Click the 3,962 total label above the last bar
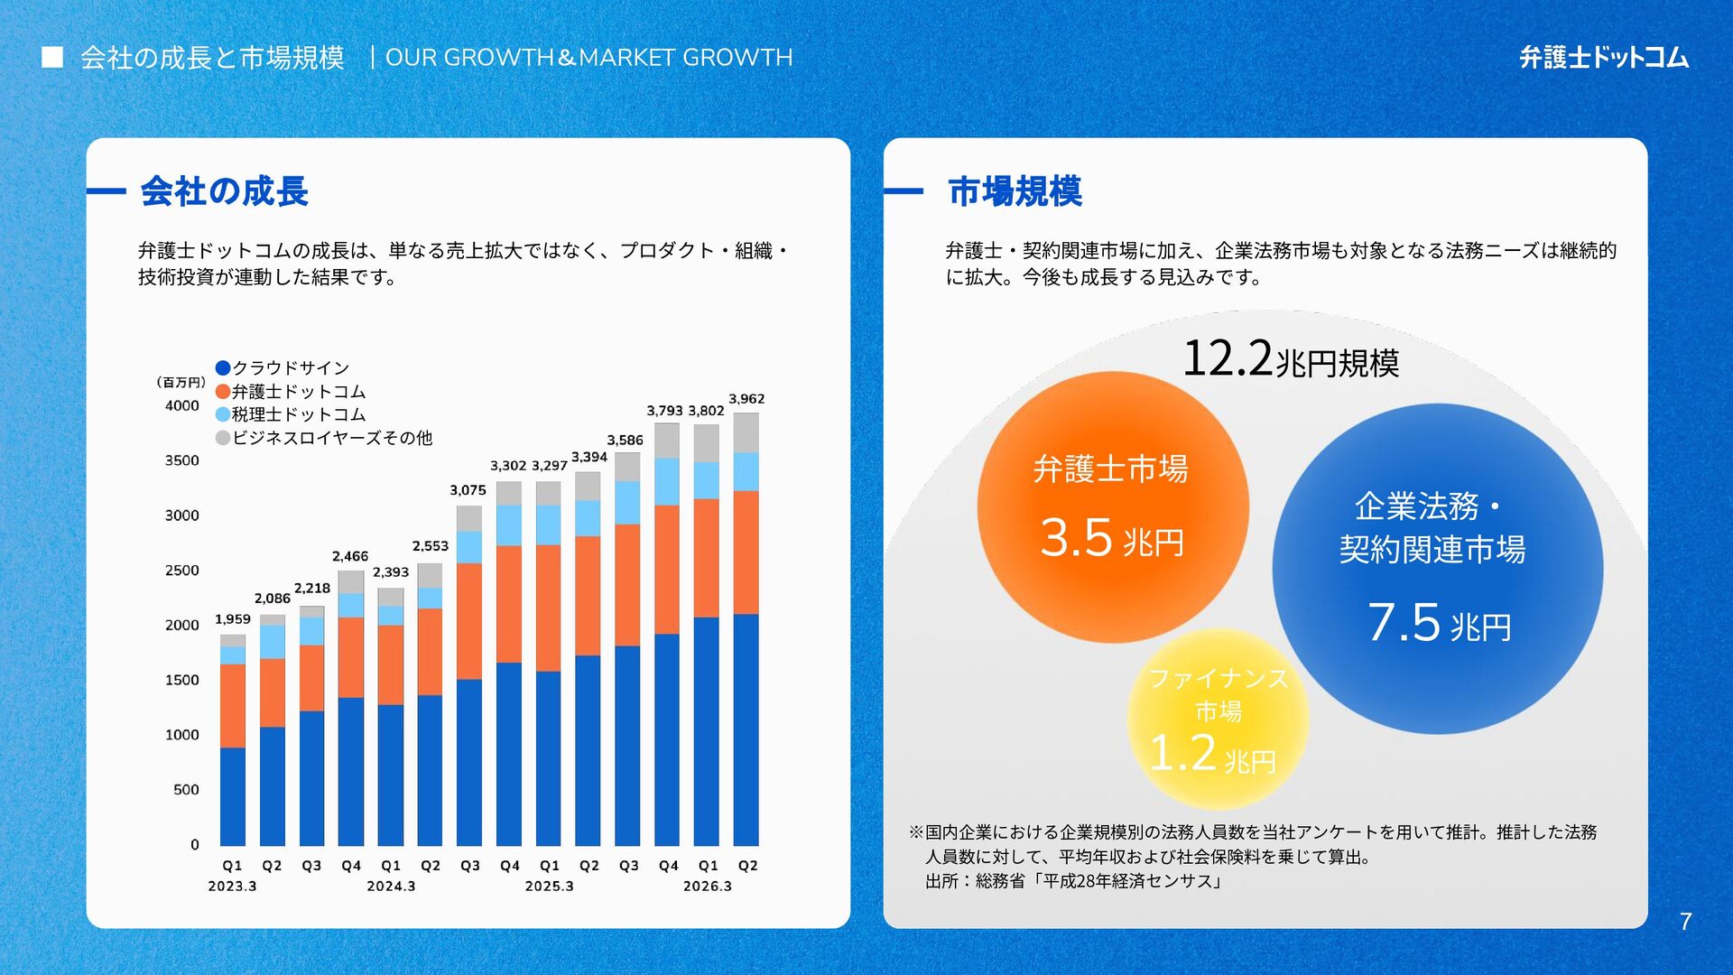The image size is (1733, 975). [746, 399]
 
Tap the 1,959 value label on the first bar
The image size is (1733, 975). [233, 619]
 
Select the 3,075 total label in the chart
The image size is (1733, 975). [468, 490]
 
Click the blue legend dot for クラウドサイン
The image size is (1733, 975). [223, 367]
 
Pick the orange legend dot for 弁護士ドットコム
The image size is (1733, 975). [223, 391]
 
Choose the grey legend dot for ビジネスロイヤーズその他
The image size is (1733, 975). [223, 438]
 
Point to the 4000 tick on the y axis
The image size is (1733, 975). [182, 406]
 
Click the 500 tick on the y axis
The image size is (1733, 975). [186, 790]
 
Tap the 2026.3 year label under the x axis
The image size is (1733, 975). [708, 887]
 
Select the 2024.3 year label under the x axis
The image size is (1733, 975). [391, 887]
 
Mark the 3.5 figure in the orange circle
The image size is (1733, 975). [1076, 538]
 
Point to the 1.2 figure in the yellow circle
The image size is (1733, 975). [1183, 753]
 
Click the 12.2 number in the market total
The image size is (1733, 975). [1228, 358]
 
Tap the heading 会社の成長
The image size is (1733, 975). [225, 191]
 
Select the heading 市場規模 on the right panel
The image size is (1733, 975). [1015, 191]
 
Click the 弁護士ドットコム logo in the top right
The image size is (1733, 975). [1604, 58]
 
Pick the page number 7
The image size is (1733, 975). [1685, 922]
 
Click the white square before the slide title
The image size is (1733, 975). [52, 58]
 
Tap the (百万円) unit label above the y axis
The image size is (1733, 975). [181, 383]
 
